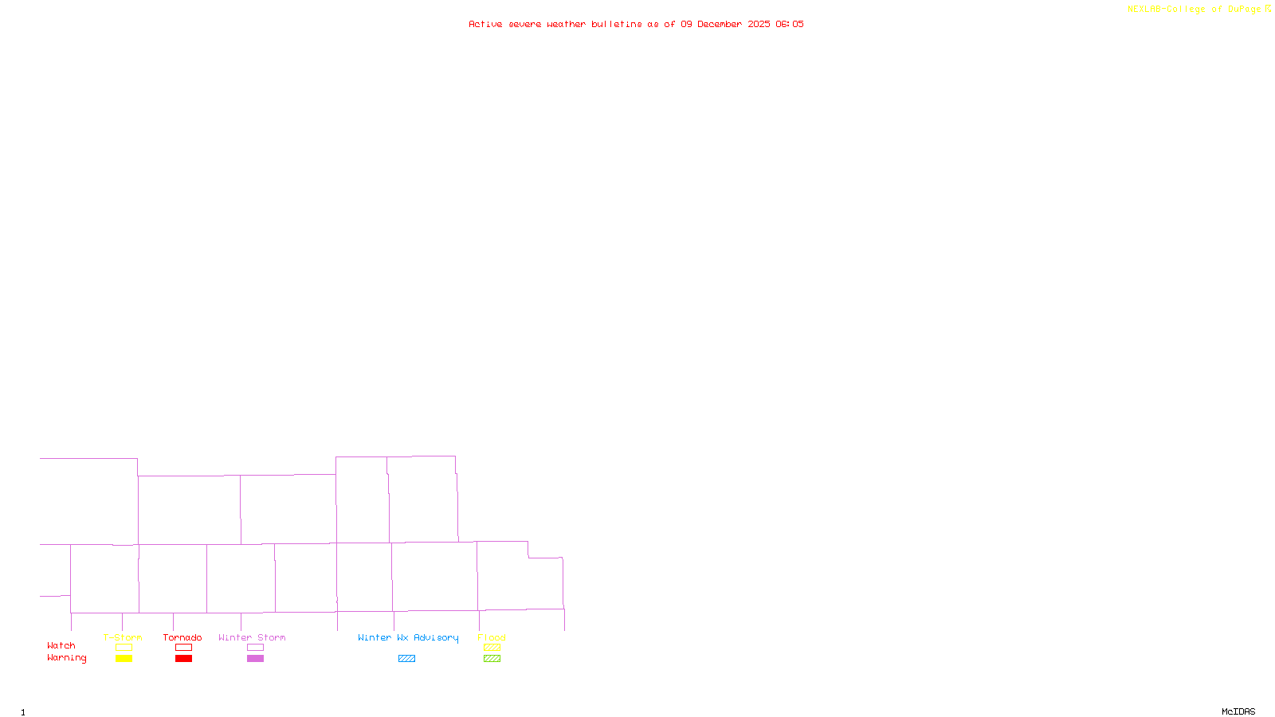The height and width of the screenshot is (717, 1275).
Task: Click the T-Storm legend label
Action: [x=123, y=637]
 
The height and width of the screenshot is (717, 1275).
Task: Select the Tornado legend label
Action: [x=182, y=637]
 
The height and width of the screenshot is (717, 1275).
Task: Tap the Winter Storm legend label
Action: [x=252, y=637]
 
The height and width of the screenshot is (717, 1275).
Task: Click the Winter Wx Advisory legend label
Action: [x=408, y=637]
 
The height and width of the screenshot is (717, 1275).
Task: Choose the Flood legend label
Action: [x=492, y=637]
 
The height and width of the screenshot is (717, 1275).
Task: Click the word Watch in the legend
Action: [x=61, y=645]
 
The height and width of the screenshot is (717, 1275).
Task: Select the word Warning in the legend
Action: [x=67, y=658]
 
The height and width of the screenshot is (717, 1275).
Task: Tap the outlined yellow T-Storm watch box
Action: [x=124, y=648]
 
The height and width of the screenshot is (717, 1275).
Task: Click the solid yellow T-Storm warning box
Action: [x=124, y=659]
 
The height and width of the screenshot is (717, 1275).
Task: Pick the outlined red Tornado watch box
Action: [x=183, y=648]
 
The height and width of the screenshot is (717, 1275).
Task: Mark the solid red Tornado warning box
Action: [x=183, y=659]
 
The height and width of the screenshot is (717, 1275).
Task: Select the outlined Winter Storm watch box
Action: [x=255, y=648]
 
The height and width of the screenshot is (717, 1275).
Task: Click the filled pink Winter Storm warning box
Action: [x=255, y=659]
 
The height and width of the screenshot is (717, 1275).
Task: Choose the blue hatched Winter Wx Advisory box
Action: [x=406, y=659]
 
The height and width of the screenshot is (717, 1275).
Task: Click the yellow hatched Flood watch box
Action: [x=492, y=648]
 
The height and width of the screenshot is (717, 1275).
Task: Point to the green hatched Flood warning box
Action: [x=492, y=659]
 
